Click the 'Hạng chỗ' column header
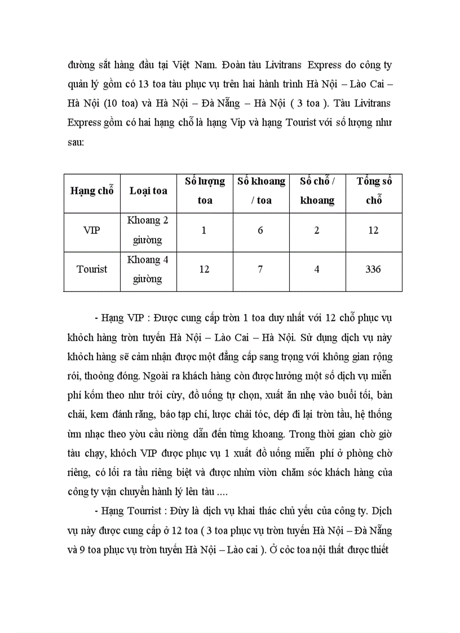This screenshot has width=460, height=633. pyautogui.click(x=92, y=191)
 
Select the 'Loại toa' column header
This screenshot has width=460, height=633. pyautogui.click(x=148, y=191)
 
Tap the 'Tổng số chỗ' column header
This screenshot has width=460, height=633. pyautogui.click(x=374, y=191)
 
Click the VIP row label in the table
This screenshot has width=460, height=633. pyautogui.click(x=91, y=231)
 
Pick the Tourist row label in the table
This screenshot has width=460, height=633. pyautogui.click(x=92, y=269)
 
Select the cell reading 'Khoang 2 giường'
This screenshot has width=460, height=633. pyautogui.click(x=148, y=231)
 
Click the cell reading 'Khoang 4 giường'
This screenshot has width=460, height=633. pyautogui.click(x=148, y=269)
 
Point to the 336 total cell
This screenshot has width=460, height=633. pyautogui.click(x=373, y=269)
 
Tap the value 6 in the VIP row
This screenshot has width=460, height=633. pyautogui.click(x=260, y=231)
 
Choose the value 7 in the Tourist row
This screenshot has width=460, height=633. pyautogui.click(x=260, y=269)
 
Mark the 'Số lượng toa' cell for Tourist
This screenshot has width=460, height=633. pyautogui.click(x=204, y=269)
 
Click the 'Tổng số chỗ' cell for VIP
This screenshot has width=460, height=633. pyautogui.click(x=373, y=231)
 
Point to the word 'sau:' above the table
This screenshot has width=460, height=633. pyautogui.click(x=76, y=143)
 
